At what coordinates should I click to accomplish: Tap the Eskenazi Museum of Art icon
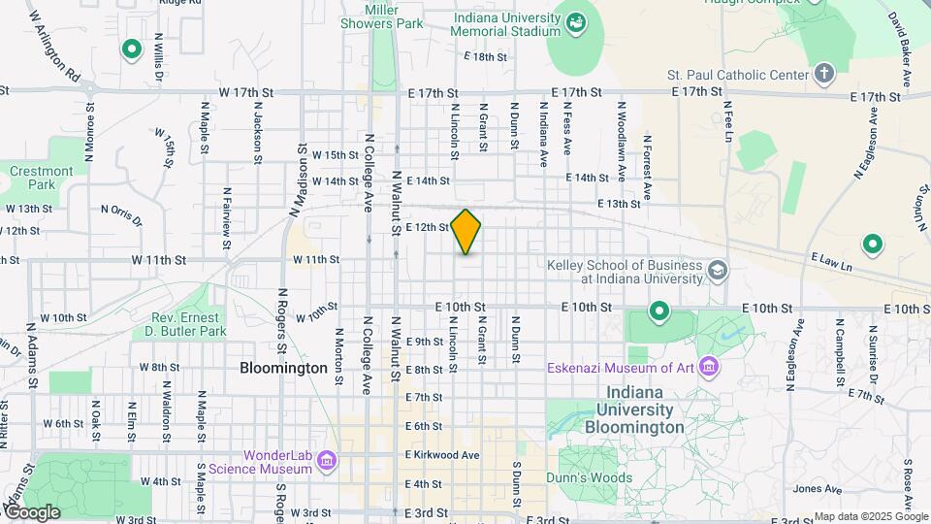pyautogui.click(x=710, y=367)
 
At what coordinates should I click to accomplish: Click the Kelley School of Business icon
pyautogui.click(x=718, y=270)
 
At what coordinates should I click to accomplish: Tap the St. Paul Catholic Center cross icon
pyautogui.click(x=823, y=74)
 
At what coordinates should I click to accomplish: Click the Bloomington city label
pyautogui.click(x=283, y=369)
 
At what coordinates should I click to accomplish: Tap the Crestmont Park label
pyautogui.click(x=42, y=178)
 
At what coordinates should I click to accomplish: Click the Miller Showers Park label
pyautogui.click(x=388, y=16)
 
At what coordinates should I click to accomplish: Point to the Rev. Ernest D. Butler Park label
pyautogui.click(x=189, y=324)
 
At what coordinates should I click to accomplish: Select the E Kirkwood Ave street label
pyautogui.click(x=442, y=455)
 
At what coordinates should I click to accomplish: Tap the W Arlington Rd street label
pyautogui.click(x=54, y=45)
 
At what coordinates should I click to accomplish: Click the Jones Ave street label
pyautogui.click(x=809, y=489)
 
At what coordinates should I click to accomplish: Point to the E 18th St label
pyautogui.click(x=486, y=57)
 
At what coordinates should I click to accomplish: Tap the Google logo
pyautogui.click(x=31, y=511)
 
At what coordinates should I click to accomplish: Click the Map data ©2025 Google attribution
pyautogui.click(x=870, y=516)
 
